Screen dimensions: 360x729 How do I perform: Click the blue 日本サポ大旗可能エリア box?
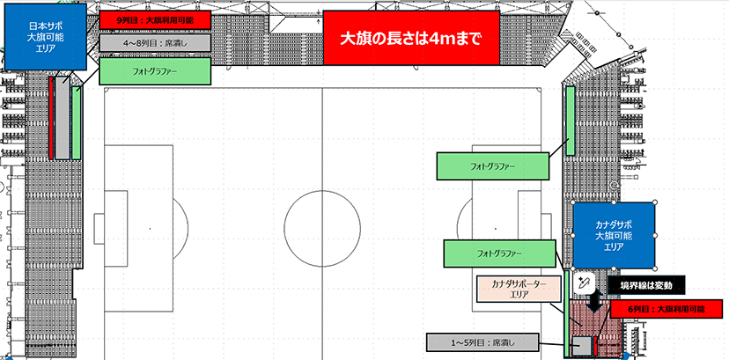pos(45,38)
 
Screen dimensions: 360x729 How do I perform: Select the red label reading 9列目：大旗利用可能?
pos(155,18)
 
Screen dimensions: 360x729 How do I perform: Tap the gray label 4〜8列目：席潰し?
pos(155,41)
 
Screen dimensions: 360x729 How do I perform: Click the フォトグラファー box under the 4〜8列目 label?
pos(155,71)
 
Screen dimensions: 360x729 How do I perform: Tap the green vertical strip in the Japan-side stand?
pos(77,124)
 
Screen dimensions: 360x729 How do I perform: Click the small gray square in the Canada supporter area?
pos(581,344)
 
